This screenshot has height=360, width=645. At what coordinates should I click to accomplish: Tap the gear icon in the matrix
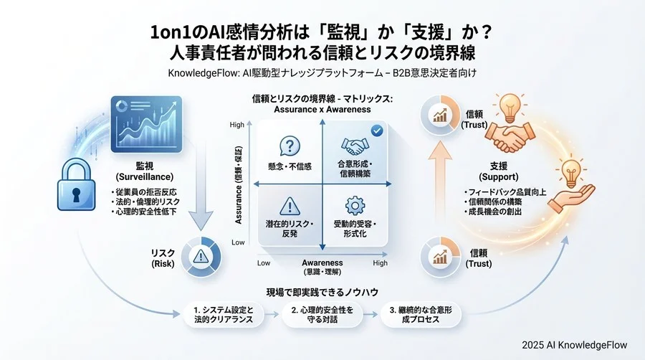[355, 207]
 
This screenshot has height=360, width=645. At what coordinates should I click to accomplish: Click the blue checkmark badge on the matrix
[377, 130]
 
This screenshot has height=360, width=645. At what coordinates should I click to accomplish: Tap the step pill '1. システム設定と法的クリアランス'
[224, 315]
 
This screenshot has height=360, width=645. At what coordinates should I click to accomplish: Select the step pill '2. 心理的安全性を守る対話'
[322, 315]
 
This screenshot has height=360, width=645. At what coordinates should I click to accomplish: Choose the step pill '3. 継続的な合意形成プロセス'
[420, 315]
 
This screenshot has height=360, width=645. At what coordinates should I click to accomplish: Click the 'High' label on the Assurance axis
[237, 125]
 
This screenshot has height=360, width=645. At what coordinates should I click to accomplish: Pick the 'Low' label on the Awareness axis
[263, 263]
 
